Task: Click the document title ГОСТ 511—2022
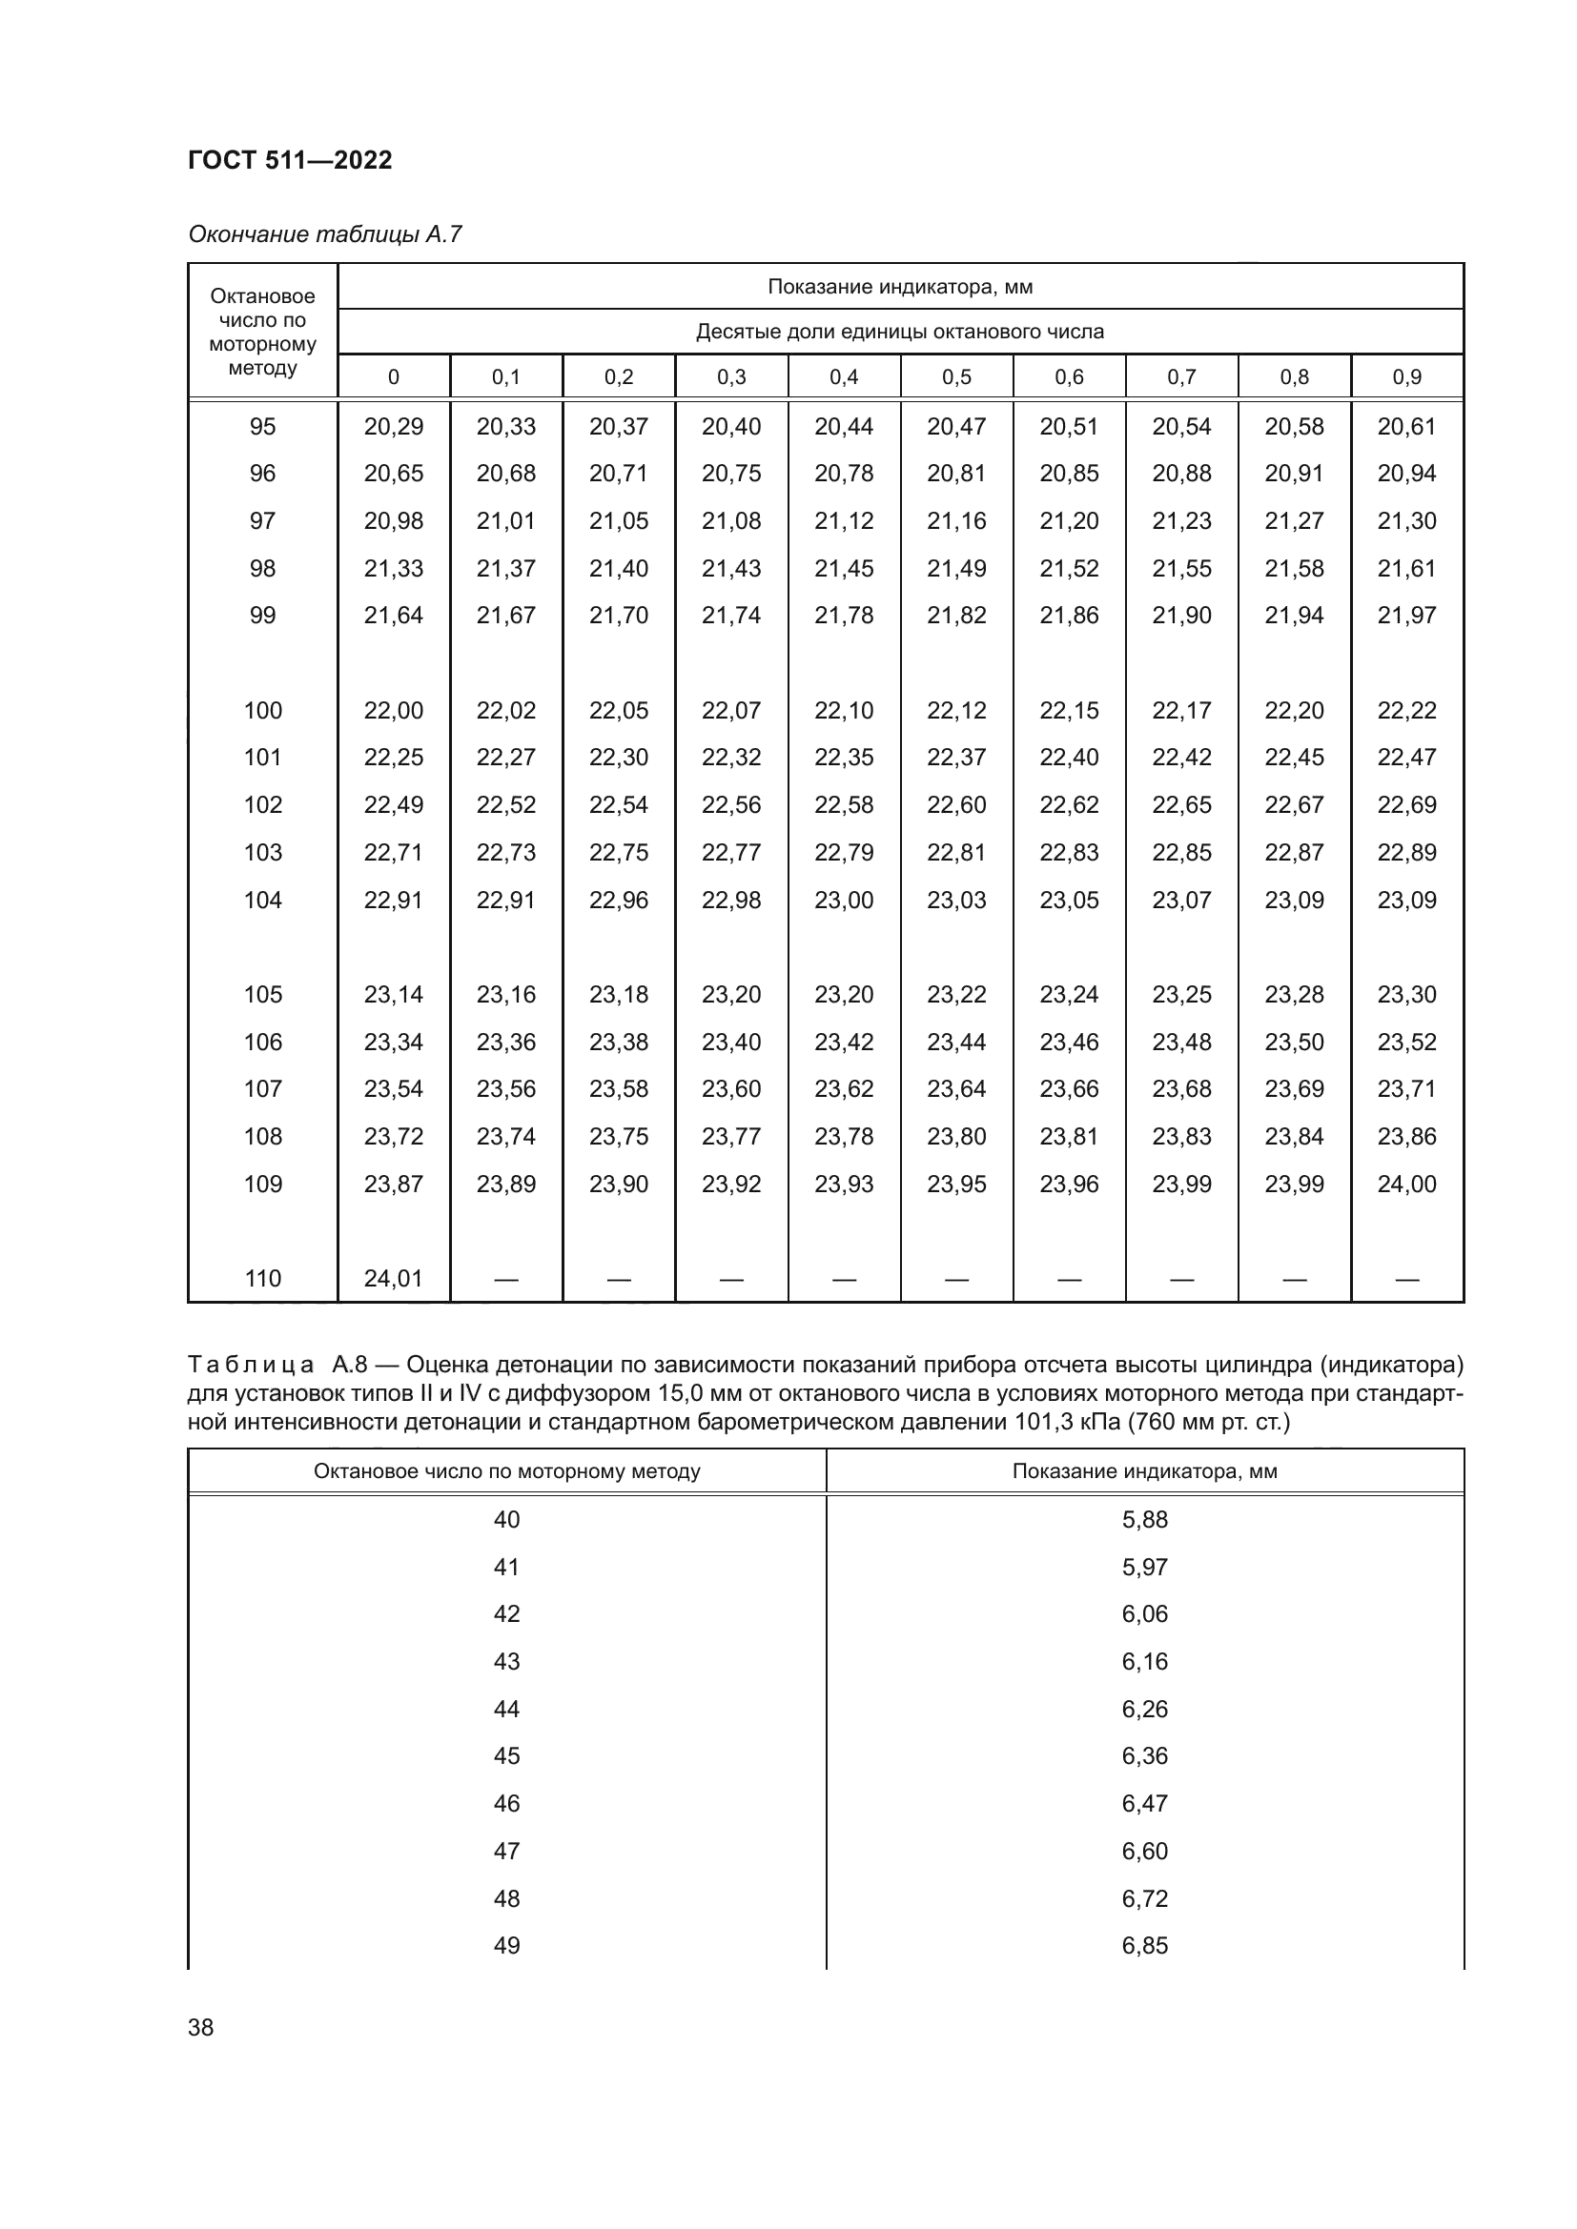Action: [290, 160]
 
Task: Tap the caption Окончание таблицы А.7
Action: [324, 234]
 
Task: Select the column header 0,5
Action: [955, 376]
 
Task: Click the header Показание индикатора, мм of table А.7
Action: [899, 287]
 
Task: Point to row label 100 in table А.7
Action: [262, 710]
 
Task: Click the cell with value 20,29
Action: [393, 426]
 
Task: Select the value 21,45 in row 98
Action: [843, 568]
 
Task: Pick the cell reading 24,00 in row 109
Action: [1405, 1184]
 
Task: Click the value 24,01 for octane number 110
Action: [393, 1278]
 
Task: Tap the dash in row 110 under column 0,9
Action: [1405, 1279]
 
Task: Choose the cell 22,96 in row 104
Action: [618, 900]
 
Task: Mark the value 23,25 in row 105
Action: [1180, 994]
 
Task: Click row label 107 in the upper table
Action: [262, 1088]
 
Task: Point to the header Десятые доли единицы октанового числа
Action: [899, 331]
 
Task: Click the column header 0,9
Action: [1405, 376]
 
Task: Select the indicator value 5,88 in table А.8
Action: [1144, 1519]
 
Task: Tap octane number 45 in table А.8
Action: [506, 1755]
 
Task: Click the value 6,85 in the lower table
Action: [1144, 1945]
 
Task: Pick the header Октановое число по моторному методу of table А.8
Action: [506, 1470]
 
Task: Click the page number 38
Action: [200, 2027]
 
